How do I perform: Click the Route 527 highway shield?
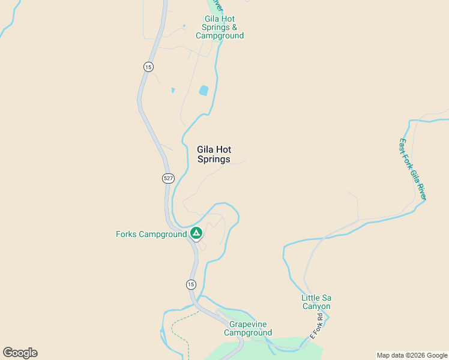(x=168, y=178)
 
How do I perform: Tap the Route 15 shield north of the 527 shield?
(x=148, y=67)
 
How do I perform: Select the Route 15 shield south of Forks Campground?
(x=190, y=284)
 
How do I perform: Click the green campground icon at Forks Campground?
(x=196, y=233)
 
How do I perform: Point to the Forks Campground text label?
(x=151, y=234)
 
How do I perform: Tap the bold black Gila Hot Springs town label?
(x=214, y=155)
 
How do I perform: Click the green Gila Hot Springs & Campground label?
(x=220, y=27)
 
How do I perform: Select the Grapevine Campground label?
(x=248, y=328)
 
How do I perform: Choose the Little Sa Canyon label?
(x=316, y=302)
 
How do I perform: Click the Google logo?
(x=20, y=353)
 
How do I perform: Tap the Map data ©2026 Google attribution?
(x=412, y=355)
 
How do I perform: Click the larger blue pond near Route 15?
(x=203, y=91)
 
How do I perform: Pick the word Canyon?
(x=316, y=306)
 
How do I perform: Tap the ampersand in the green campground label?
(x=234, y=27)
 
